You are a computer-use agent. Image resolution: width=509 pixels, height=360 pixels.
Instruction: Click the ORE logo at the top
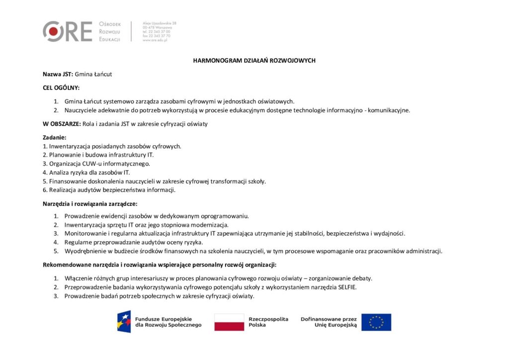click(x=68, y=31)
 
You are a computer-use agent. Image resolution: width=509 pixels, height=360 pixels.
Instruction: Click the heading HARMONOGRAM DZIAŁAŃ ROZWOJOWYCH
click(x=254, y=61)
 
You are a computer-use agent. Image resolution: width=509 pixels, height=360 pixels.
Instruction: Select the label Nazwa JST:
click(x=58, y=74)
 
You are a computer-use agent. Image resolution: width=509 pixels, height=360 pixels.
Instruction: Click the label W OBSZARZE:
click(x=62, y=124)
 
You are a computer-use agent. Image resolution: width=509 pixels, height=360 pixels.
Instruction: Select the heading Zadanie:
click(x=54, y=137)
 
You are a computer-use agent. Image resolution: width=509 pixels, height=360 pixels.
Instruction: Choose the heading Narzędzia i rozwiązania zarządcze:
click(x=89, y=203)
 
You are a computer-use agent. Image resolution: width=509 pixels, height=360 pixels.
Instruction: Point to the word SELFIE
click(x=347, y=287)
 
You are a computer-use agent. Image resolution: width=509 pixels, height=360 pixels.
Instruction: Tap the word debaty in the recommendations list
click(x=362, y=278)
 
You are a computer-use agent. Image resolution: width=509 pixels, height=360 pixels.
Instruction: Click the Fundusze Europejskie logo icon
click(x=124, y=322)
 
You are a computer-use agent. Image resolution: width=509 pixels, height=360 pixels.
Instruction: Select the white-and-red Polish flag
click(x=229, y=322)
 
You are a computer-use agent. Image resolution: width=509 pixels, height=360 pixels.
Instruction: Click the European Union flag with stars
click(x=376, y=322)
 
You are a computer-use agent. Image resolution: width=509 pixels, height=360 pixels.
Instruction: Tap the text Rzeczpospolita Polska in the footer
click(x=268, y=322)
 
